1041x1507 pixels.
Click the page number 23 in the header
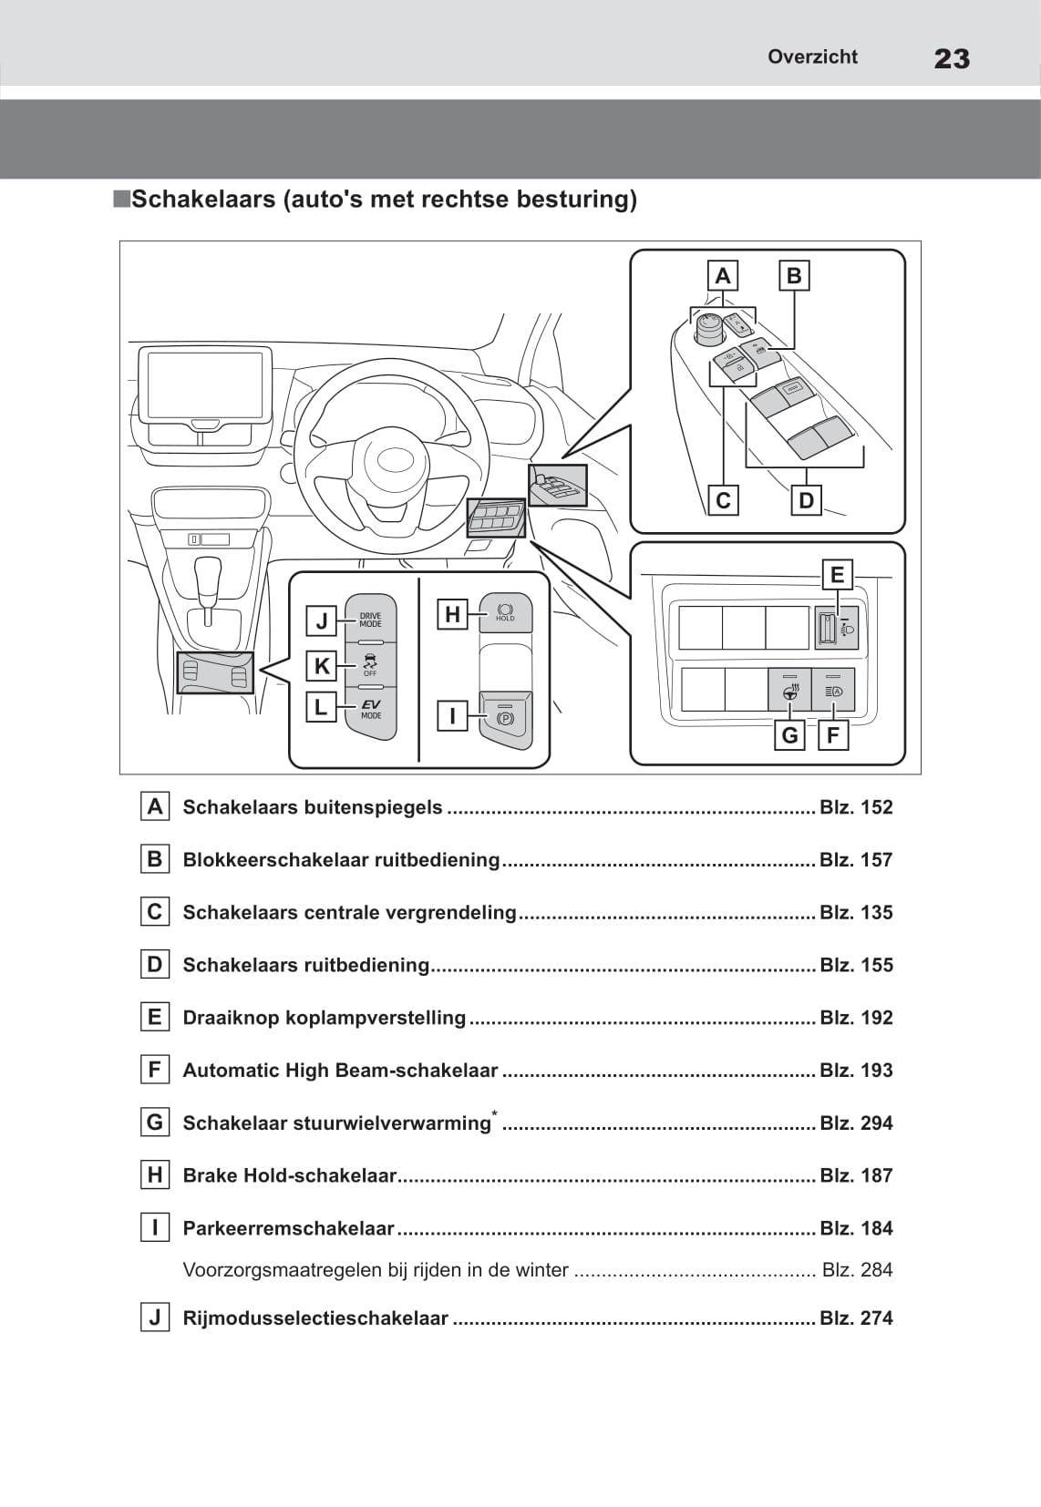point(951,59)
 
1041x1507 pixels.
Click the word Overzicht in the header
point(812,56)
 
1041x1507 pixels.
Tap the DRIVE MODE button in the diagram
point(370,620)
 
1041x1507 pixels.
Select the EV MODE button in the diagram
point(371,708)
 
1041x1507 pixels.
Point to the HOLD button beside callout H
point(505,612)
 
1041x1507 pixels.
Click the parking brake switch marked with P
point(505,718)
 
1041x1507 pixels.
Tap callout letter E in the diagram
point(837,575)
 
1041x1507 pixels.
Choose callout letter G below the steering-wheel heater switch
point(789,734)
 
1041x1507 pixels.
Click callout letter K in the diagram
point(322,666)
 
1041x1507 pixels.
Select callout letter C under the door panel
point(723,500)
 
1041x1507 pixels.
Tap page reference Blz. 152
point(856,807)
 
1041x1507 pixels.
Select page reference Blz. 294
point(856,1123)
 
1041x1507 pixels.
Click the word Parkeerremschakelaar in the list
point(288,1228)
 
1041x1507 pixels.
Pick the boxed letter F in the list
point(155,1070)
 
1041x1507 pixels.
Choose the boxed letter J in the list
point(155,1317)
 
